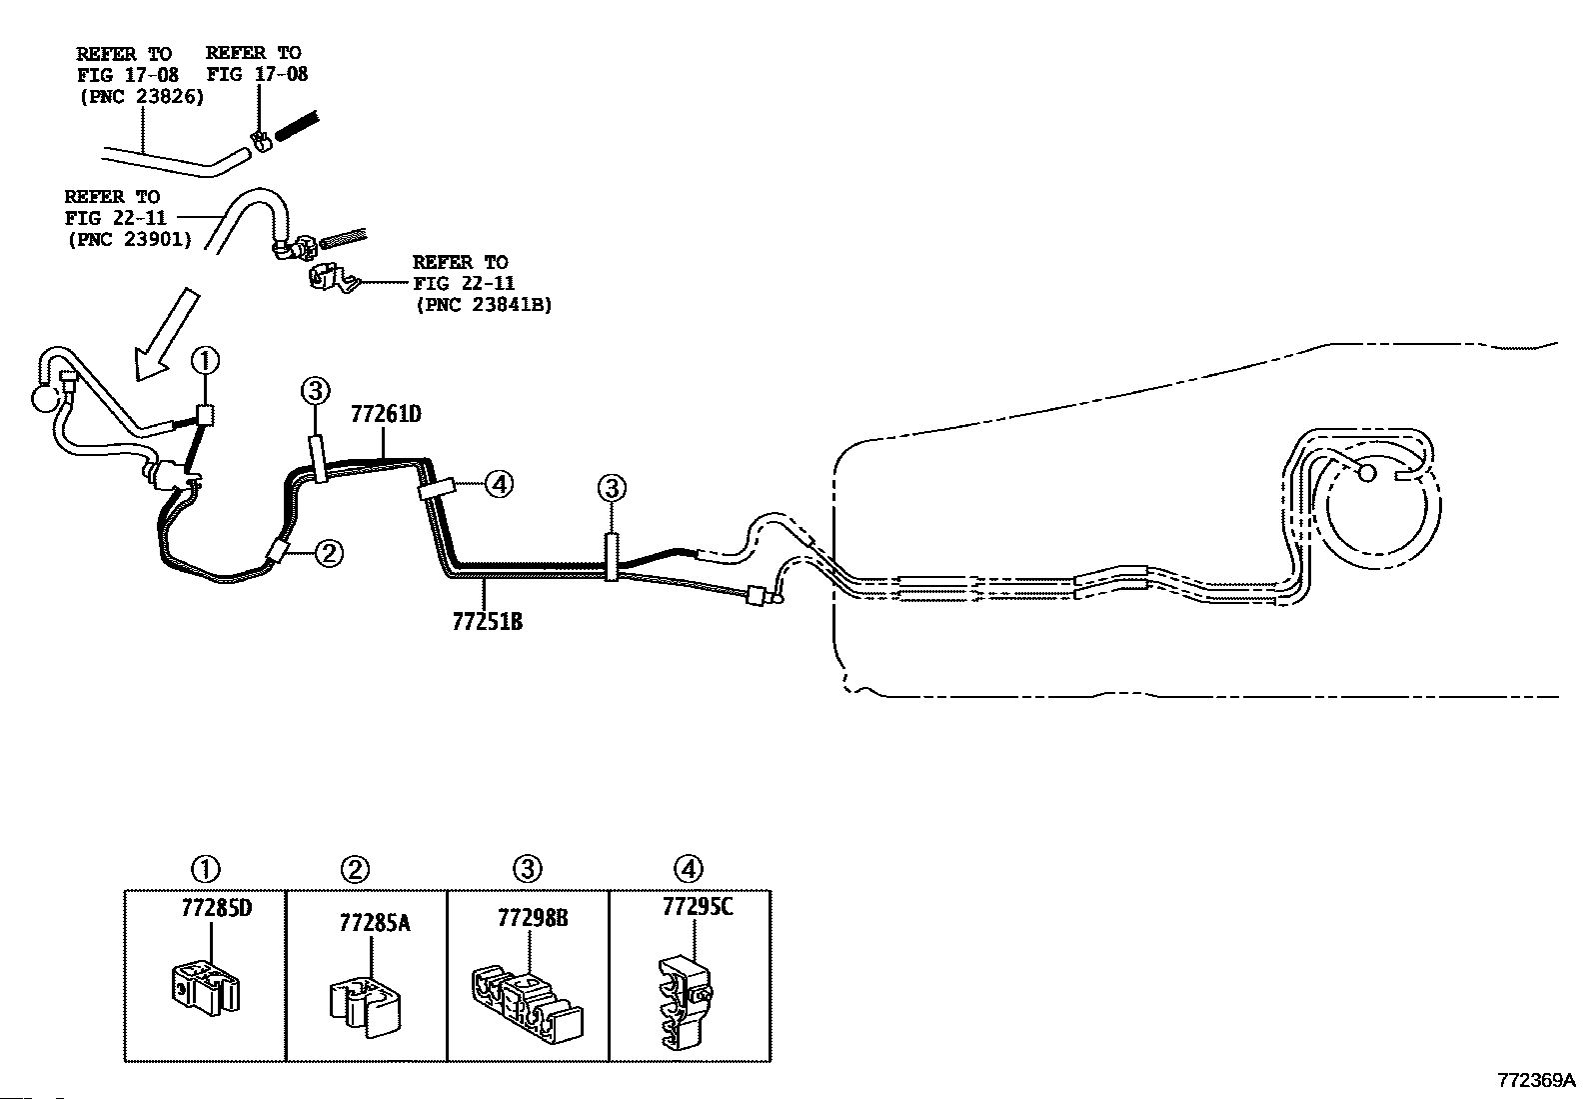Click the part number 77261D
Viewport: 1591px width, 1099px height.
386,414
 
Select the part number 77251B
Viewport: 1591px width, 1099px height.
488,622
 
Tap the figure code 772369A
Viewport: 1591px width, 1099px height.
1536,1080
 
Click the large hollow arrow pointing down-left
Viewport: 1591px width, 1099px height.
165,333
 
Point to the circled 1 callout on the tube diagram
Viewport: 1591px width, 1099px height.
205,361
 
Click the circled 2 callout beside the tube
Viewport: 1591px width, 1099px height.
328,553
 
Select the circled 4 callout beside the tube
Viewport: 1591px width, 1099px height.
500,484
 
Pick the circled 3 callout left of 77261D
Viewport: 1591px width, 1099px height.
316,390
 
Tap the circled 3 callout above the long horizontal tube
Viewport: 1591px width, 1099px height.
612,488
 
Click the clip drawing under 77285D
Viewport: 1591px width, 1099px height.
206,987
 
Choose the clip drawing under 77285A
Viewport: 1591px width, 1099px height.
365,1006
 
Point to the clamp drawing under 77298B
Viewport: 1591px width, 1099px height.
527,1003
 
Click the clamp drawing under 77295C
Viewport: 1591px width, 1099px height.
685,1002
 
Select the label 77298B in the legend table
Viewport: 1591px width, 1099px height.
533,918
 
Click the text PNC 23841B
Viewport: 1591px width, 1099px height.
484,305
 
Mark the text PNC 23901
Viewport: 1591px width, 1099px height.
130,240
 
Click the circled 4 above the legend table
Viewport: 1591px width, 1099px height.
688,869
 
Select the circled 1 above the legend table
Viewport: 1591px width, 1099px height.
205,869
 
